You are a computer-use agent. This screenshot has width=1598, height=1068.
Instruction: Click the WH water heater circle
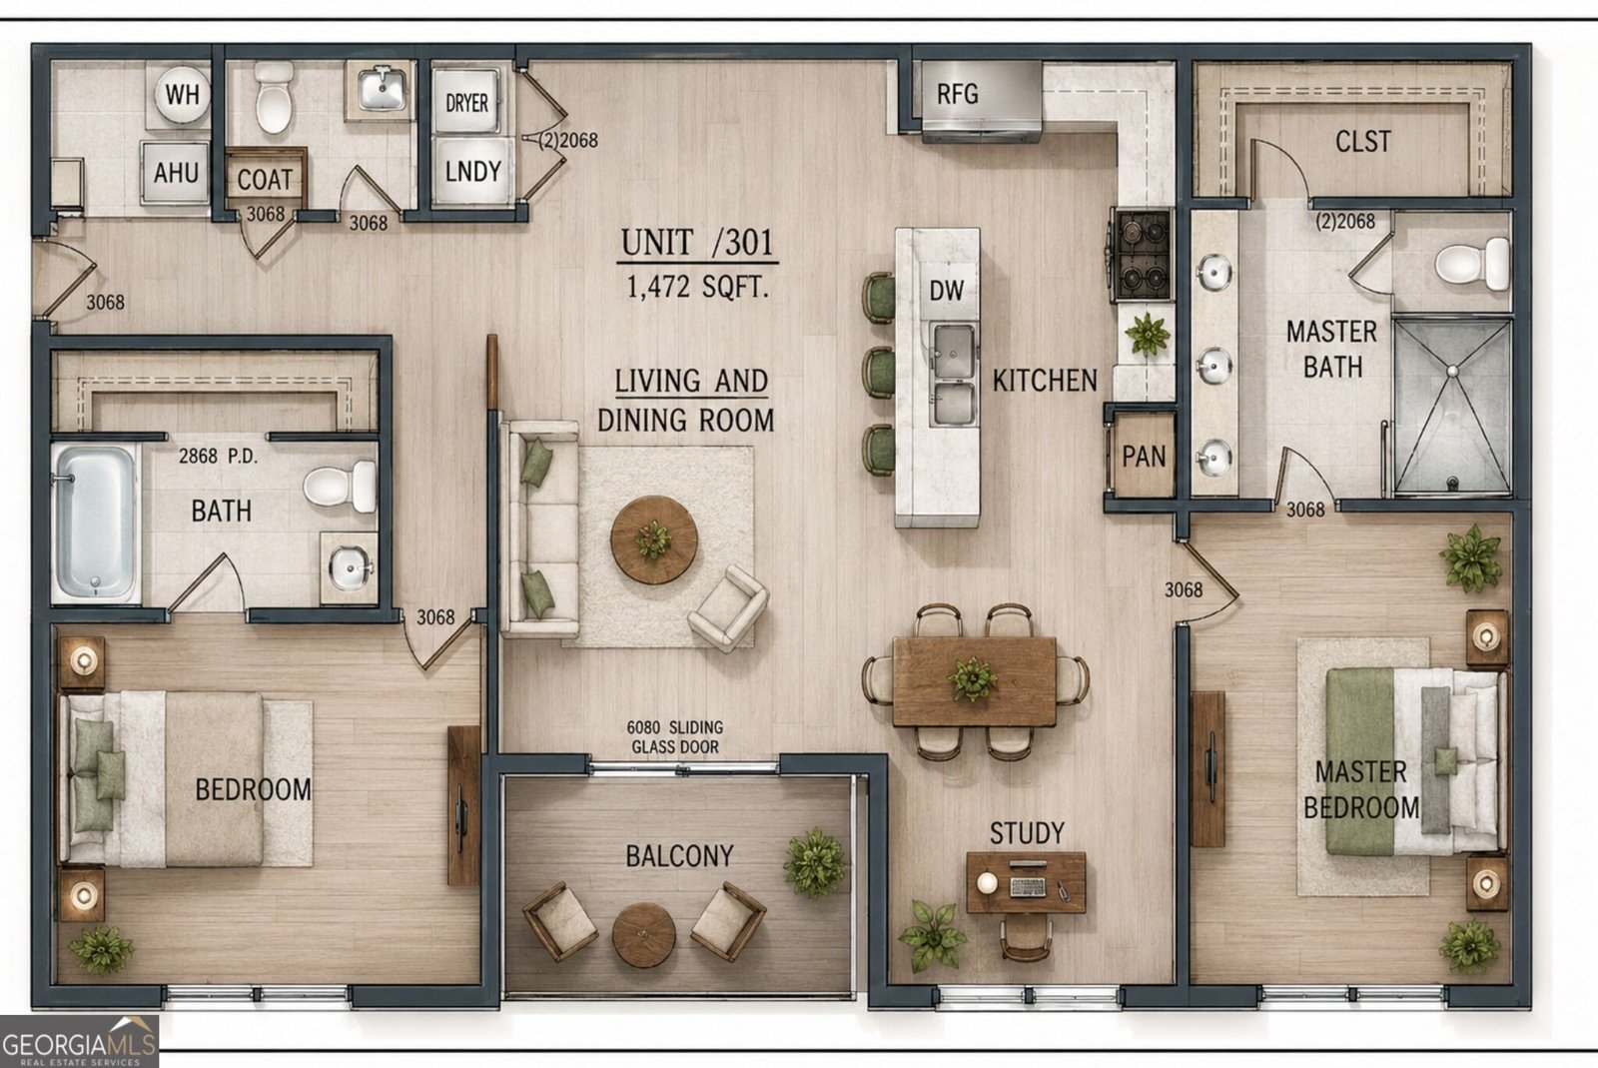(182, 94)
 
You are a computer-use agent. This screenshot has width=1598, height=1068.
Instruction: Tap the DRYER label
(466, 103)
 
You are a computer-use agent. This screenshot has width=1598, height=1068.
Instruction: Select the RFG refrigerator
(981, 99)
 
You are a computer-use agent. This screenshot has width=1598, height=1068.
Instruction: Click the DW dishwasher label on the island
(946, 291)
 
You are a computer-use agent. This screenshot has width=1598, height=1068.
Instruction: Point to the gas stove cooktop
(1142, 255)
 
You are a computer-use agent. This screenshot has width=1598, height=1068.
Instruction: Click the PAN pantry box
(1144, 456)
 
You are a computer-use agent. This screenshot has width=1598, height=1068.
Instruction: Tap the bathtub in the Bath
(96, 523)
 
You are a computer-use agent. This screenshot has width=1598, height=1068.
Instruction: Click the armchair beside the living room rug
(728, 608)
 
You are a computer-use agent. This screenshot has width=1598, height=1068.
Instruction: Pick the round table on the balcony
(643, 934)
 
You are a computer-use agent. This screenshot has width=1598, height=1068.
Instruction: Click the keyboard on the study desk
(1028, 887)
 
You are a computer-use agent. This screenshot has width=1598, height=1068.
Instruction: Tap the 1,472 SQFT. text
(698, 287)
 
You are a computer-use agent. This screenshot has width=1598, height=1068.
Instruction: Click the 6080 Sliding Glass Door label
(675, 737)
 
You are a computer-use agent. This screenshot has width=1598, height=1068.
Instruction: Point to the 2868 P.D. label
(218, 456)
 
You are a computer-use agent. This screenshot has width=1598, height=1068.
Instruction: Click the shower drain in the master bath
(1451, 483)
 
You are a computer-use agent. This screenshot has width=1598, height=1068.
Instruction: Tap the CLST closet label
(1362, 141)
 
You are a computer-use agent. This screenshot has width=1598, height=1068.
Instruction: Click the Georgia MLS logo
(79, 1042)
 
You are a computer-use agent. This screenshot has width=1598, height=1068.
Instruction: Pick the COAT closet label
(265, 180)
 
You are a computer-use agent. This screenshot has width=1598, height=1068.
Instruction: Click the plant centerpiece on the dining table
(972, 678)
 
